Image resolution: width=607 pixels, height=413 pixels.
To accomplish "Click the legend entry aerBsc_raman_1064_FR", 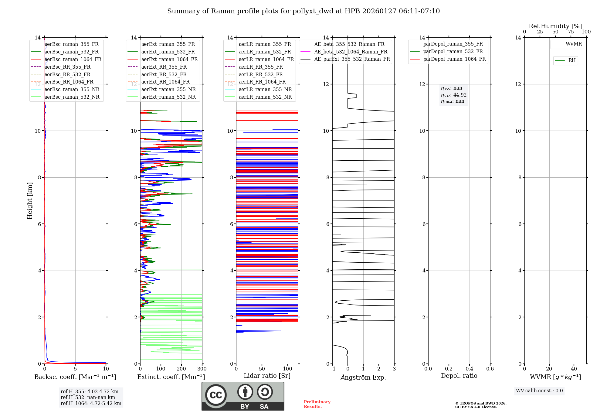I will point(73,60).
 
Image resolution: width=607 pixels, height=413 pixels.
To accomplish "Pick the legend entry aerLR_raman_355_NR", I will point(265,90).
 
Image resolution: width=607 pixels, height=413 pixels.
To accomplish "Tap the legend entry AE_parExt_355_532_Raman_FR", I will point(352,59).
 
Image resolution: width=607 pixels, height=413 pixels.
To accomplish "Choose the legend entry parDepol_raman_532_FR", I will point(453,52).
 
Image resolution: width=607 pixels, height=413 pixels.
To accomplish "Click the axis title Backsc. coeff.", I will point(75,377).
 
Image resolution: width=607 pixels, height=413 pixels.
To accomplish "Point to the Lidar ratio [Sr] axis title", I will point(267,376).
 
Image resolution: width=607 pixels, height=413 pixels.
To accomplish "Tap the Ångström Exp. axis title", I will point(363,377).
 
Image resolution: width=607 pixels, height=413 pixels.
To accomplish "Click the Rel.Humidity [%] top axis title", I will point(555,26).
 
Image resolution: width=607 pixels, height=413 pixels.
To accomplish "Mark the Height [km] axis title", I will point(30,200).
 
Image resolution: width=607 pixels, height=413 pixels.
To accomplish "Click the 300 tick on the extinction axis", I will point(202,369).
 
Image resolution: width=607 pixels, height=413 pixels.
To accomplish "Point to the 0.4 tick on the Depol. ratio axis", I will point(469,369).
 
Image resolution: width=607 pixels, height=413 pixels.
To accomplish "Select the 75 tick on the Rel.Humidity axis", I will point(571,32).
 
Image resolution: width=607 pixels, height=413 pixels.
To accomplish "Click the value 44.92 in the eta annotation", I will point(460,95).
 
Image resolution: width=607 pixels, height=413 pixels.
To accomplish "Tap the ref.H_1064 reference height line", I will point(91,404).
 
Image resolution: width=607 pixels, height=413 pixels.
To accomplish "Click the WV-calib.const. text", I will point(539,391).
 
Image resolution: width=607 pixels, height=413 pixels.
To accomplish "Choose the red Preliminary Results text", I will point(317,404).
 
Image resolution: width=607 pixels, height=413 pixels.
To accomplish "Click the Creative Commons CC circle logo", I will point(216,395).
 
